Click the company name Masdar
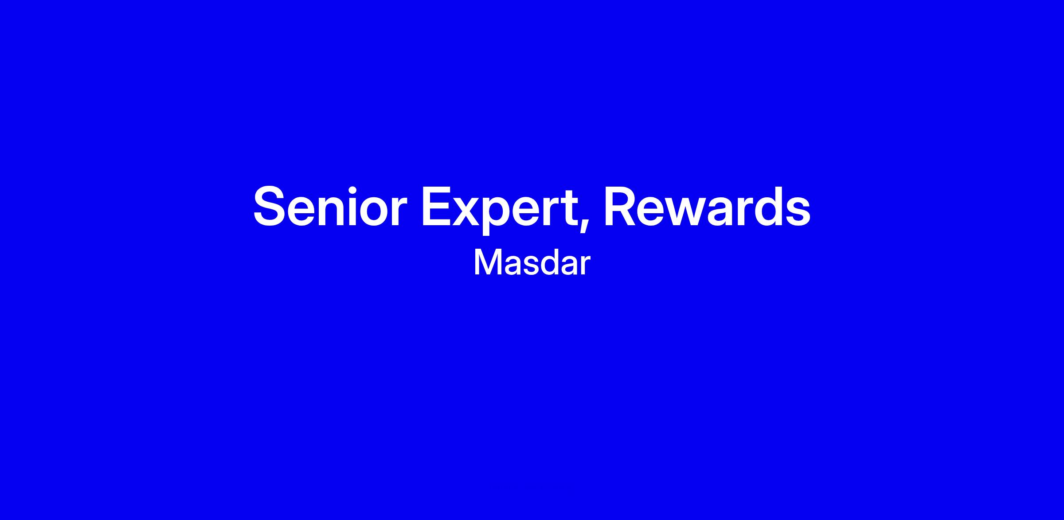532,263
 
